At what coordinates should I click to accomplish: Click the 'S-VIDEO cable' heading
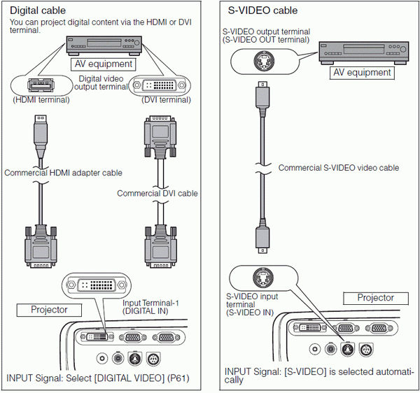click(x=262, y=11)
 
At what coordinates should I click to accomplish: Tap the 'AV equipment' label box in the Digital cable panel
click(x=103, y=64)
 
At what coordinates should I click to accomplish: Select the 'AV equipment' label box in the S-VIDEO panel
click(x=361, y=73)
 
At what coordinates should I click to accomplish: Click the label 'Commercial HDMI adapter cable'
click(x=63, y=173)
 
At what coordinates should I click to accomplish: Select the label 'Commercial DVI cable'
click(x=157, y=193)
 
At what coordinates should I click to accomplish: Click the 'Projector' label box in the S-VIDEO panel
click(x=375, y=298)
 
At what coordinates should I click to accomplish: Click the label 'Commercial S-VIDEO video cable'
click(x=339, y=168)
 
